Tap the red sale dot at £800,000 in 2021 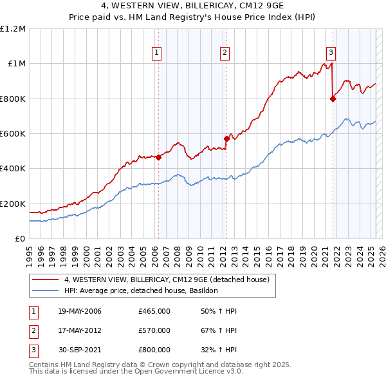(333, 99)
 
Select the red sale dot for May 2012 (226, 138)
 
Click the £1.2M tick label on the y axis (13, 29)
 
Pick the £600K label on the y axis (13, 133)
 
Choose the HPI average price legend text (141, 290)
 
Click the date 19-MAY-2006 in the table (79, 311)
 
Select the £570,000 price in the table (154, 330)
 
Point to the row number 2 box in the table (33, 330)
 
